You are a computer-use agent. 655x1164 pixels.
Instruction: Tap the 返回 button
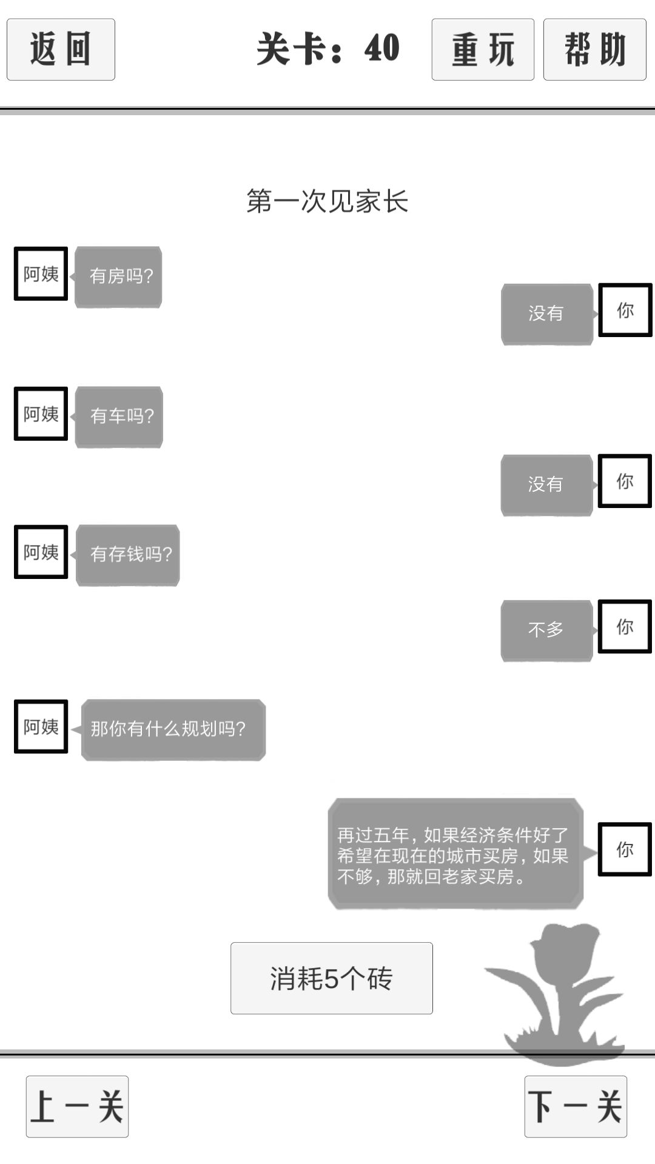tap(61, 49)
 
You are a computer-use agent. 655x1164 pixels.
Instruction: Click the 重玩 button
tap(483, 49)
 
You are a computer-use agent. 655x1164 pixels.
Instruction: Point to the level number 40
tap(382, 48)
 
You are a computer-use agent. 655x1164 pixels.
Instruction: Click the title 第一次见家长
tap(327, 201)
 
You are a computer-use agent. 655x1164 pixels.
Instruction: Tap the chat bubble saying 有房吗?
tap(118, 276)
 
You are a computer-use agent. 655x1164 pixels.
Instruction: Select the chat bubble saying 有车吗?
tap(119, 416)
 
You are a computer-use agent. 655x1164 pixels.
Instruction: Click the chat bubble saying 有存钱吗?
tap(127, 555)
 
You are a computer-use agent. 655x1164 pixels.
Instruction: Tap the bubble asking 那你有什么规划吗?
tap(173, 729)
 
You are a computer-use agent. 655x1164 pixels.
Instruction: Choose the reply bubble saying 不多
tap(546, 630)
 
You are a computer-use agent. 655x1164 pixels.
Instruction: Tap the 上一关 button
tap(77, 1106)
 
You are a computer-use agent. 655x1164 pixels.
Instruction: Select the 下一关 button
tap(576, 1106)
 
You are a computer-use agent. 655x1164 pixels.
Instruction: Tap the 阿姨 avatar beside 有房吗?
tap(41, 273)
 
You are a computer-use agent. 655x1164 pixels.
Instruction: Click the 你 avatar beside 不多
tap(625, 626)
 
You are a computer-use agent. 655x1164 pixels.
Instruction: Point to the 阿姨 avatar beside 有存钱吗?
tap(41, 552)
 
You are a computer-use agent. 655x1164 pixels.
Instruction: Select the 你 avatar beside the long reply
tap(625, 849)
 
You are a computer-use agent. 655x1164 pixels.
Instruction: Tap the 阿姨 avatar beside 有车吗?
tap(41, 413)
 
